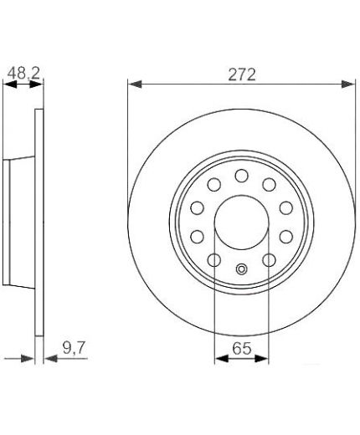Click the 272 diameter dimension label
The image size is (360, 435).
pos(242,74)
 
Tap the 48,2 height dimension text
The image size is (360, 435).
pos(23,74)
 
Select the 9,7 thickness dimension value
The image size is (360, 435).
pos(73,348)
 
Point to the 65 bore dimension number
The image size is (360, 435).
pos(242,348)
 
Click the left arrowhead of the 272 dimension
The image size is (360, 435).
pos(135,84)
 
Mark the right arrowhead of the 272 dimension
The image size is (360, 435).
pos(348,84)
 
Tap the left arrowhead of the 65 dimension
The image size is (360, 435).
pos(222,359)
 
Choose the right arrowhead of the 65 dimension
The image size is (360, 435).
pos(262,359)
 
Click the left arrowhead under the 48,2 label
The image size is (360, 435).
pos(10,84)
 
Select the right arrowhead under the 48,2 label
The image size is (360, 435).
pos(37,84)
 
